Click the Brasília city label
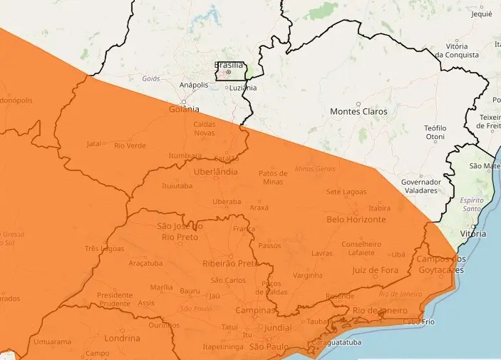point(229,64)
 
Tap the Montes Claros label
point(358,112)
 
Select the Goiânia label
point(185,110)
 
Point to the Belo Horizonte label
point(356,220)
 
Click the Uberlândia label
point(215,173)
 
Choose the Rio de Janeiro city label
point(378,311)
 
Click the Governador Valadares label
point(420,186)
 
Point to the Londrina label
point(122,338)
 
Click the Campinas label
point(255,312)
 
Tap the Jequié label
point(482,14)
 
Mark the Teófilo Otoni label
point(435,132)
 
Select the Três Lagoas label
point(105,249)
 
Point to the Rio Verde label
point(130,145)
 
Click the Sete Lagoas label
point(346,192)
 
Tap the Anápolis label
point(194,85)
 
